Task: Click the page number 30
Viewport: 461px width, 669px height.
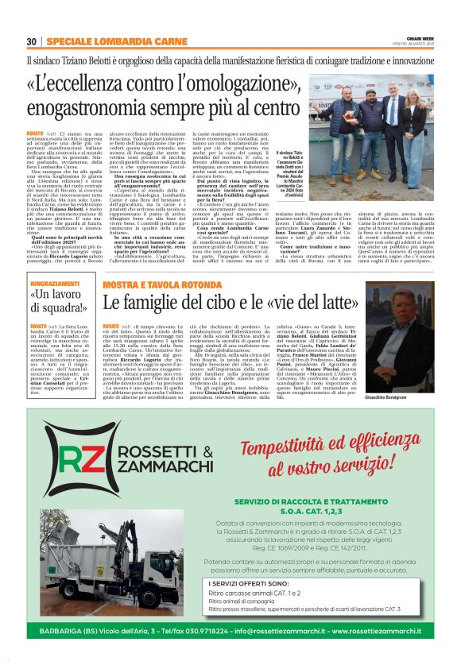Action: [x=31, y=41]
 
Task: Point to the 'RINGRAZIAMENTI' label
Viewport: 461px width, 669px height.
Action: [x=54, y=284]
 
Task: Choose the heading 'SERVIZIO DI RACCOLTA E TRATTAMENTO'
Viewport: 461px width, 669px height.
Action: [x=310, y=502]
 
